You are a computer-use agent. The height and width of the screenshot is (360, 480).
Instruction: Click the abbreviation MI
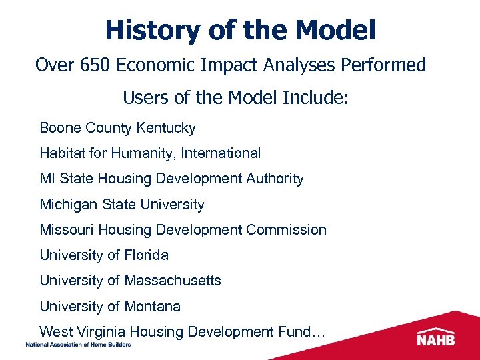(x=47, y=179)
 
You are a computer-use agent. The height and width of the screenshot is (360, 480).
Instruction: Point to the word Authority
(x=273, y=179)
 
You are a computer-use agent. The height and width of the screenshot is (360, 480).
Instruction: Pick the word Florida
(x=147, y=255)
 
